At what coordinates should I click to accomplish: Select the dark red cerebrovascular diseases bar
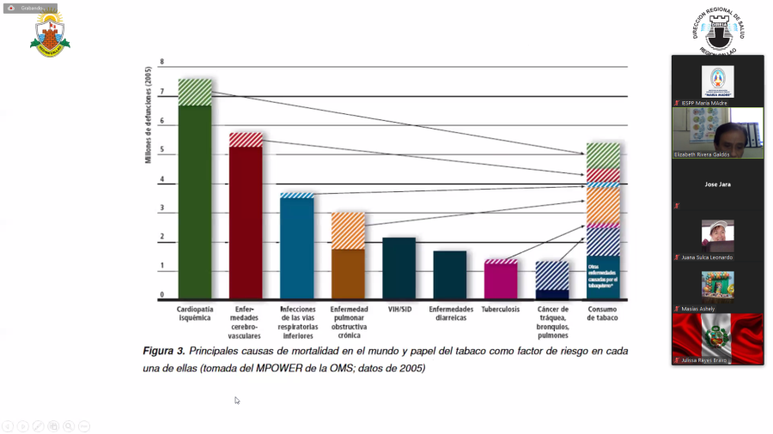246,223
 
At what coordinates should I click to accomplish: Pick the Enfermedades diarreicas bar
449,274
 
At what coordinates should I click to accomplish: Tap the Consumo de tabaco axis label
603,313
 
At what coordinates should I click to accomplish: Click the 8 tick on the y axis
161,63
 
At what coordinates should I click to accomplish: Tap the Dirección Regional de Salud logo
717,30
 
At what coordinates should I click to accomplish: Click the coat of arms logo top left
49,34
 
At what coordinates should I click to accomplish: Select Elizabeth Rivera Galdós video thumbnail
717,133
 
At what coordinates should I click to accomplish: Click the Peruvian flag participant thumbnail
717,338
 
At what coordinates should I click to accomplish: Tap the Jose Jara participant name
717,184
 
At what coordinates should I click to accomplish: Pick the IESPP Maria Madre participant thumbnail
717,82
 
